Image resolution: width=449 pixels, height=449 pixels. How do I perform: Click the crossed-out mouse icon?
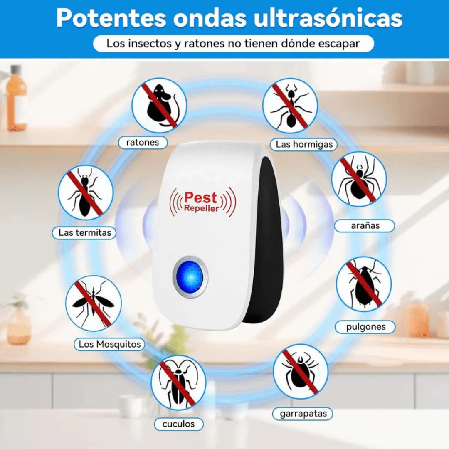(159, 105)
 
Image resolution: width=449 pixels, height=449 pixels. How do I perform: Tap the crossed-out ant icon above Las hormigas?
(290, 105)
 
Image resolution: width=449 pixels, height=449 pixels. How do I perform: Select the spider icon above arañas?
(358, 179)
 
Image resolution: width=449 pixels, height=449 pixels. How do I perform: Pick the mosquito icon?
(94, 303)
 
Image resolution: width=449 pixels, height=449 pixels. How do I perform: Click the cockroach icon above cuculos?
(178, 382)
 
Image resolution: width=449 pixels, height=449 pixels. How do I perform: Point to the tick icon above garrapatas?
(300, 371)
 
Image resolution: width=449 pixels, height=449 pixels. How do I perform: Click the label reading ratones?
(143, 142)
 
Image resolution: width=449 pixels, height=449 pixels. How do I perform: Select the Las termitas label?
(85, 233)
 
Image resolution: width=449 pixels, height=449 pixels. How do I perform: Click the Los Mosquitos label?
(110, 344)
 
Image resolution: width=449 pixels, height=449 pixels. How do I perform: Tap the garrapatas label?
(303, 414)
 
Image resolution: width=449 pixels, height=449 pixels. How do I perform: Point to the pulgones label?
(366, 327)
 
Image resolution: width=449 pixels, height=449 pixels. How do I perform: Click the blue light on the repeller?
(190, 276)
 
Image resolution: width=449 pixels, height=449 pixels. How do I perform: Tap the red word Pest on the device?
(200, 198)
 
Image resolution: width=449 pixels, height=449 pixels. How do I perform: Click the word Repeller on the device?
(202, 208)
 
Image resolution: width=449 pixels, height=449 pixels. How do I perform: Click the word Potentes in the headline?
(111, 18)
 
